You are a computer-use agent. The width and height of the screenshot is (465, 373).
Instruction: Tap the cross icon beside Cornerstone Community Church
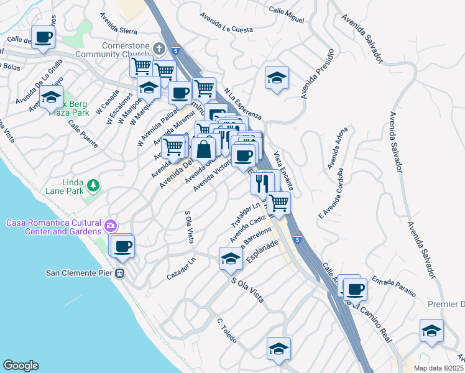tap(159, 48)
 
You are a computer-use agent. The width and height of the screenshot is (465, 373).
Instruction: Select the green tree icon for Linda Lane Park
tap(93, 185)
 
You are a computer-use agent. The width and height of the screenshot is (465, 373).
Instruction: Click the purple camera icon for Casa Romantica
tap(111, 225)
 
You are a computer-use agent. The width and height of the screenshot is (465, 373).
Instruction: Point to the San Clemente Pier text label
tap(80, 273)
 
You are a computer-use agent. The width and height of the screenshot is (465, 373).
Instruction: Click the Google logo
tap(21, 366)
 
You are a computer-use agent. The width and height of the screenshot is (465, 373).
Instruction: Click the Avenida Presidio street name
tap(313, 81)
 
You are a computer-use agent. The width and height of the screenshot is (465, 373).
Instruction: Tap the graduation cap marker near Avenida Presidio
tap(277, 78)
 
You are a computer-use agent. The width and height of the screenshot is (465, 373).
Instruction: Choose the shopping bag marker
tap(203, 149)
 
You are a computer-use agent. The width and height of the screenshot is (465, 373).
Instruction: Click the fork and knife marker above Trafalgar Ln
tap(262, 182)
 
